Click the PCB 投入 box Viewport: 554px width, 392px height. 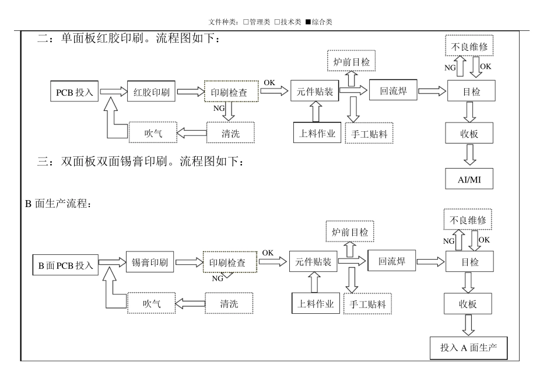pos(74,91)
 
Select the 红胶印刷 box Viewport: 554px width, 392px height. pos(151,91)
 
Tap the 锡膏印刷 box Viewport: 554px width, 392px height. pos(150,262)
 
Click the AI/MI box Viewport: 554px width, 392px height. pos(469,179)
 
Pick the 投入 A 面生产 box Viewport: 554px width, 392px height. pos(468,348)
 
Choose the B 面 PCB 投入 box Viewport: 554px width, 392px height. pos(65,265)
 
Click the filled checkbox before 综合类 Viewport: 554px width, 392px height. pos(308,22)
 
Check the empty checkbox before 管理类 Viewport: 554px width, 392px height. pos(246,22)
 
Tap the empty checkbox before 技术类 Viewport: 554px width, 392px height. pos(278,22)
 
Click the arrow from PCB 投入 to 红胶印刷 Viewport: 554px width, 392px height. pos(113,92)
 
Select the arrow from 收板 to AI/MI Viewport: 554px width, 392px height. pos(469,155)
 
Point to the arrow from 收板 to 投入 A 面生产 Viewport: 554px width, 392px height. pos(468,325)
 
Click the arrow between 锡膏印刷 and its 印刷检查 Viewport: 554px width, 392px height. pos(190,262)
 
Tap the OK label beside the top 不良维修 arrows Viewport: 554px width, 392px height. pos(485,66)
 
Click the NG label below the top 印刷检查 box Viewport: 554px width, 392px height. pos(219,108)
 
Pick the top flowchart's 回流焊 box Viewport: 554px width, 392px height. pos(393,90)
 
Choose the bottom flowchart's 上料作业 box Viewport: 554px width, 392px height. pos(315,303)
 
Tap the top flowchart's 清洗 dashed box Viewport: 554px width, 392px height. pos(230,133)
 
